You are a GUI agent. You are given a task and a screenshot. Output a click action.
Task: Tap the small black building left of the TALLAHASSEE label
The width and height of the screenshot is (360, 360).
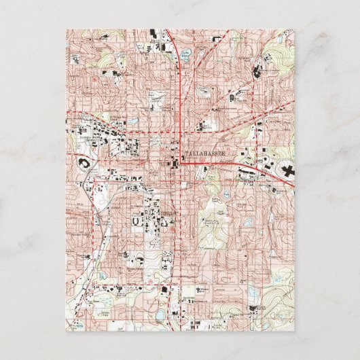point(173,161)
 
